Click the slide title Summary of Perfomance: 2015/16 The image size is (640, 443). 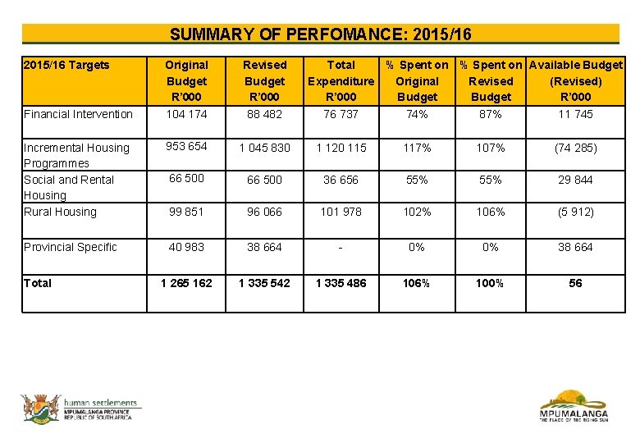tap(320, 34)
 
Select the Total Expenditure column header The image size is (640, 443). tap(341, 80)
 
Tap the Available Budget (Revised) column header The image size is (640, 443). tap(575, 80)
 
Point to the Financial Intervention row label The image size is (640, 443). tap(78, 114)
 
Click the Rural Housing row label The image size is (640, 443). tap(60, 212)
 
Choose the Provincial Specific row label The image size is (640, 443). tap(71, 247)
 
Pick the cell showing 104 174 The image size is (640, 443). tap(186, 114)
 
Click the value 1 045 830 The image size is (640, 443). tap(264, 148)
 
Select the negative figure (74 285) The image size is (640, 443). tap(575, 148)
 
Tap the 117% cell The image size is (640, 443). tap(417, 148)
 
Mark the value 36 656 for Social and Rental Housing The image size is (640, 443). tap(341, 180)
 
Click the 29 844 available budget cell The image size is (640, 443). tap(575, 180)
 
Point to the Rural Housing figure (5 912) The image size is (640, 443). tap(575, 212)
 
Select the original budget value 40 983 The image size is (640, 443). tap(186, 247)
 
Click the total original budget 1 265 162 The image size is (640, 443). tap(186, 283)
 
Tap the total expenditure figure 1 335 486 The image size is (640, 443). tap(341, 283)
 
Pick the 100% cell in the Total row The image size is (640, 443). tap(490, 283)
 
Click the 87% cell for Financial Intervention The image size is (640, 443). tap(490, 114)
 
